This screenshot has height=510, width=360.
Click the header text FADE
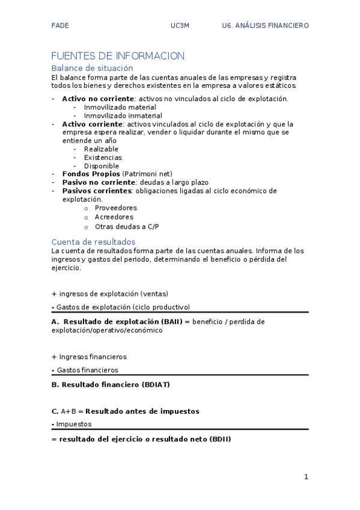[60, 26]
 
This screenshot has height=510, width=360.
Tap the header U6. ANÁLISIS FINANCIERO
[265, 26]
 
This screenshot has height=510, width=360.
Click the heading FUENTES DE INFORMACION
[118, 56]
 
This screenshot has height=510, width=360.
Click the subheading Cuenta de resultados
[93, 242]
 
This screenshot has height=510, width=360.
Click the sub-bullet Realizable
[101, 149]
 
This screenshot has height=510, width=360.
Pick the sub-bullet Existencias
[103, 158]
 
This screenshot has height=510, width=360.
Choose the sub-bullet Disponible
[101, 166]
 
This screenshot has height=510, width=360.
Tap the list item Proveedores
[115, 208]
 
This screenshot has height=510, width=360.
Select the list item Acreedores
[114, 217]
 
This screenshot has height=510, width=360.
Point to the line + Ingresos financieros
[89, 357]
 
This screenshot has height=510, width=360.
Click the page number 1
[306, 478]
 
